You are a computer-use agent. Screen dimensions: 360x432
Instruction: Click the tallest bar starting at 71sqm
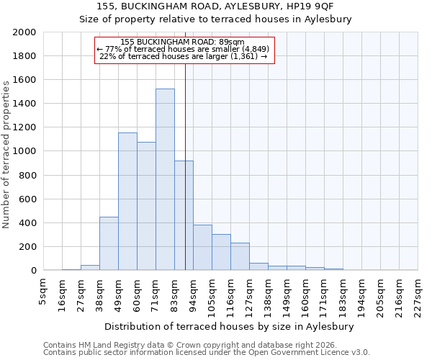click(165, 180)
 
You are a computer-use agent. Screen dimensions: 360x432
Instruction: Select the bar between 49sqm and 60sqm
click(127, 202)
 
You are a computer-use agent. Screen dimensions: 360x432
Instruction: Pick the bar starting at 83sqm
click(184, 216)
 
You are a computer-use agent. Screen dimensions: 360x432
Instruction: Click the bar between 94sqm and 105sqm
click(202, 248)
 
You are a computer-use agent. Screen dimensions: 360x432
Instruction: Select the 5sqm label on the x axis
click(44, 287)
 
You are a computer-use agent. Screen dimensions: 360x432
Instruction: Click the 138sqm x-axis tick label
click(269, 290)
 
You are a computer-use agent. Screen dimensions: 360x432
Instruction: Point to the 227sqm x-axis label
click(418, 290)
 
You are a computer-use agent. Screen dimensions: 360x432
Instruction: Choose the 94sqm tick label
click(194, 288)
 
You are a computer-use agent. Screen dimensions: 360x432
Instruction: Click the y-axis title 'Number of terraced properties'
click(6, 155)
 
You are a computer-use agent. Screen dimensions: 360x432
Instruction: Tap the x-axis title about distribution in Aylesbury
click(234, 326)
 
